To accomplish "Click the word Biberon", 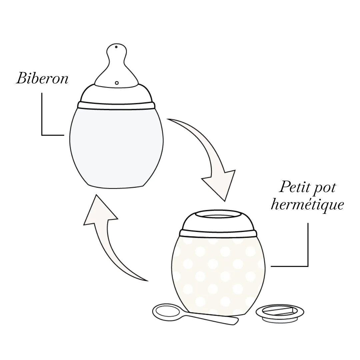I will (42, 79).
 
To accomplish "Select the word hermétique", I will (307, 204).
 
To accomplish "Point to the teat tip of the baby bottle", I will (116, 52).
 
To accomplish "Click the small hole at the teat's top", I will (116, 47).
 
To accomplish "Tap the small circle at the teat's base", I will (116, 83).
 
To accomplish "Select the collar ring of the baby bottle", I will (116, 105).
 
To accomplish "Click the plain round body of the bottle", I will (116, 147).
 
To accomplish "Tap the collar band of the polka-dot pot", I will (218, 232).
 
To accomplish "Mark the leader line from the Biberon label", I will (42, 117).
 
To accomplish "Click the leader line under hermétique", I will (308, 247).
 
